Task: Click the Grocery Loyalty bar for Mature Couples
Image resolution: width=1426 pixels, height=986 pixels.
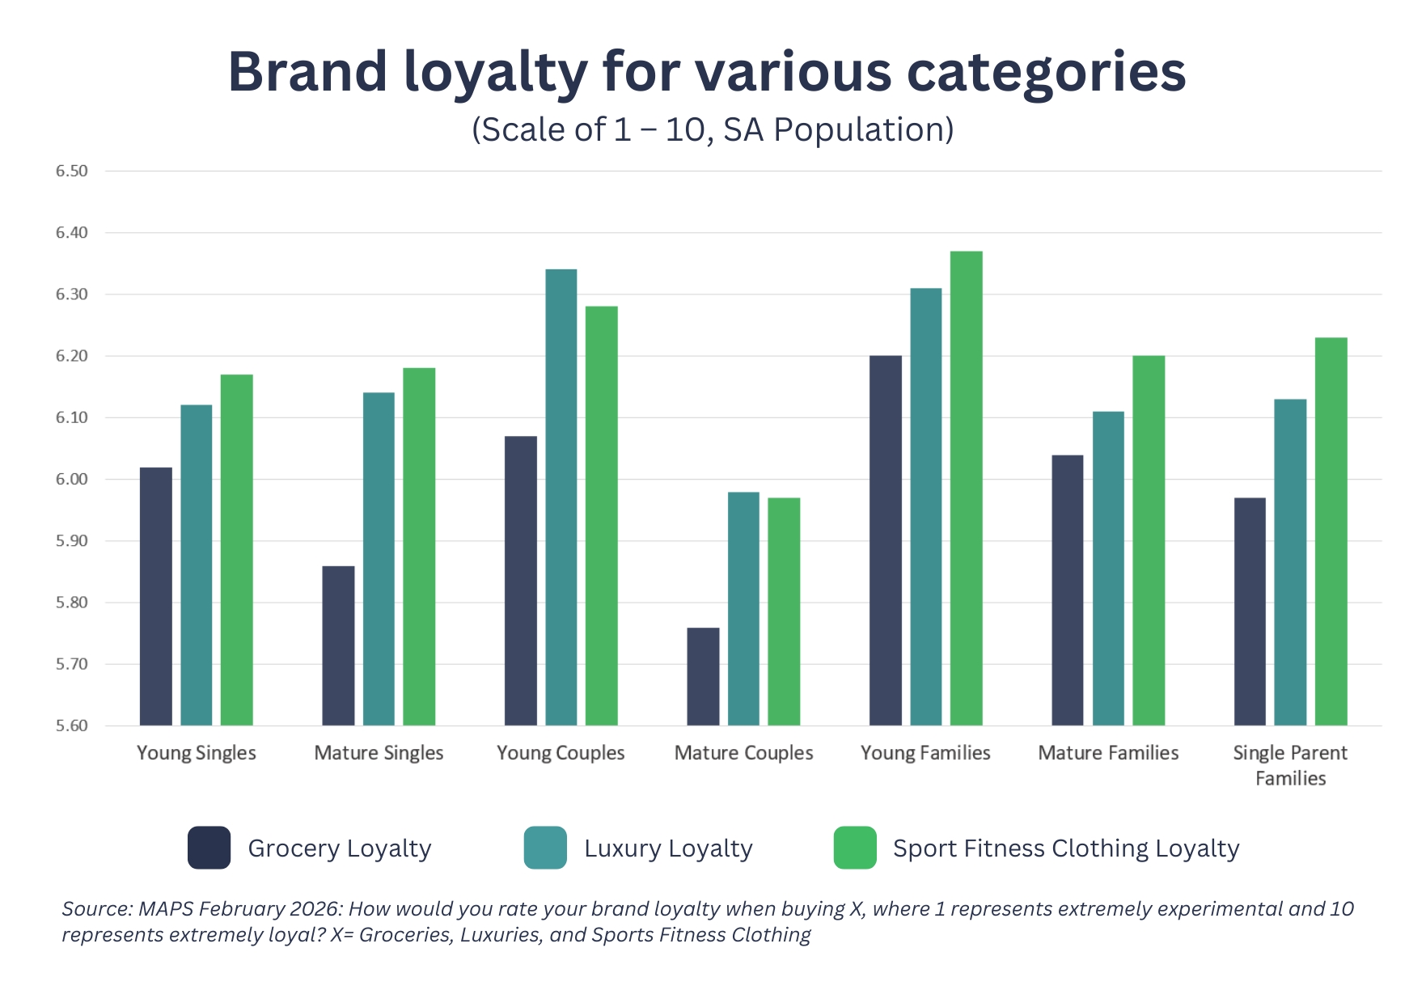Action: pos(703,676)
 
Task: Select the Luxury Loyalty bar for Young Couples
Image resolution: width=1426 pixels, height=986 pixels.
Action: pos(561,497)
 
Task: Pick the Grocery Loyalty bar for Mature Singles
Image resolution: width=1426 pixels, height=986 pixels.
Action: pos(338,645)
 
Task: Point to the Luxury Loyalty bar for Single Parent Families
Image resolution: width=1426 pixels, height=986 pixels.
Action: pos(1290,562)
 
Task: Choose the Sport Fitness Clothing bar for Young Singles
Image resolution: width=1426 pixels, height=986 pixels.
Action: pos(236,549)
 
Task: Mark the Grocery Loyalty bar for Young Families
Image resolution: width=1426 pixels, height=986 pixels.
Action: pos(885,540)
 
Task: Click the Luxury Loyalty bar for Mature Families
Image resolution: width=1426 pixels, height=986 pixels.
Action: pos(1108,568)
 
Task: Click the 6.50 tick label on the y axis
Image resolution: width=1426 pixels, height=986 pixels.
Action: pos(71,171)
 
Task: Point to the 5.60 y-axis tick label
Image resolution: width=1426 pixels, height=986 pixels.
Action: pos(71,726)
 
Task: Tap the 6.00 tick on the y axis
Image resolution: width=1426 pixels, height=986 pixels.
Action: pos(71,480)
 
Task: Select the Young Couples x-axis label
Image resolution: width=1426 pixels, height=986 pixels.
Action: pos(561,753)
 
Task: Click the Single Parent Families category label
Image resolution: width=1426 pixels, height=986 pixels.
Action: pos(1290,765)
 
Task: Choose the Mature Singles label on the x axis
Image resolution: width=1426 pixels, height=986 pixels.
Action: pos(379,753)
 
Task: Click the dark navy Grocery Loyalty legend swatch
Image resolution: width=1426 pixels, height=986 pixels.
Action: pos(209,848)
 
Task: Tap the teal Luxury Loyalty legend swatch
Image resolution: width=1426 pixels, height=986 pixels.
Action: pos(545,848)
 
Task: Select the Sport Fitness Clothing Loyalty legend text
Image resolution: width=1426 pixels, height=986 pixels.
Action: pos(1065,848)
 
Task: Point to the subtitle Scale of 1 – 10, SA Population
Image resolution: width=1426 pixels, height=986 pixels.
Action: pos(713,129)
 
